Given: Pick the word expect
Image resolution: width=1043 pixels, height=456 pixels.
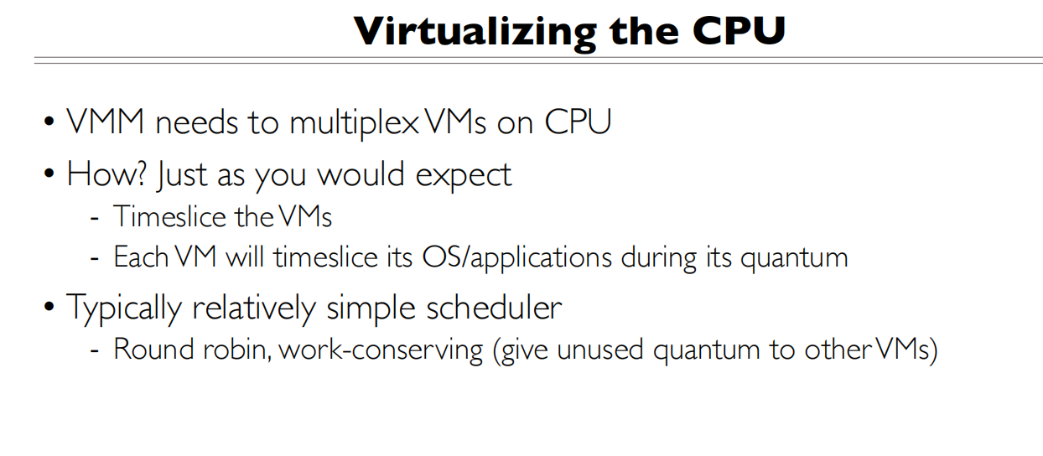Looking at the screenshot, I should pos(463,176).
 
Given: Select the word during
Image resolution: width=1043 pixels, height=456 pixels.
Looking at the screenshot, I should pos(657,256).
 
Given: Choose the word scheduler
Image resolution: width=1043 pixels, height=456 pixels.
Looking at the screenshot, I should pos(495,308).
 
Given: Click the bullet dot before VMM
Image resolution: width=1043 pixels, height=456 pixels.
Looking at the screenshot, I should pos(49,124).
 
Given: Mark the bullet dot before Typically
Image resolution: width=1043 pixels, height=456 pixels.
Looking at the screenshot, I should pos(49,308).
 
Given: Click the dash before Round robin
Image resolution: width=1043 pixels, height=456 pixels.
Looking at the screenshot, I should pos(95,350).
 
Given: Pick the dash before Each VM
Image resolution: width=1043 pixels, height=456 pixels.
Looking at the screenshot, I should pos(95,258).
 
